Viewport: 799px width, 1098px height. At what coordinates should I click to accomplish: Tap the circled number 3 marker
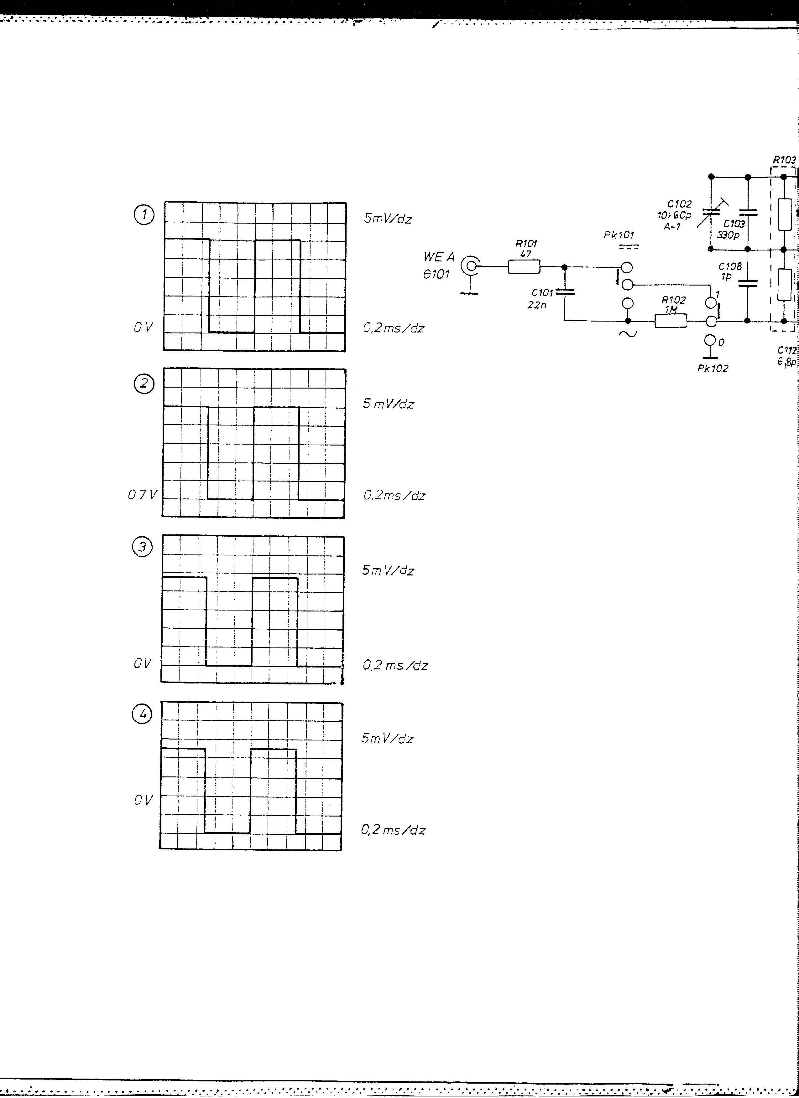pos(142,547)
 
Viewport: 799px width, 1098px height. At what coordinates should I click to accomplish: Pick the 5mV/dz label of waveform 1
pos(388,219)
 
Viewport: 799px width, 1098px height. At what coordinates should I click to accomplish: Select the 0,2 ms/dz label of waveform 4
pos(393,830)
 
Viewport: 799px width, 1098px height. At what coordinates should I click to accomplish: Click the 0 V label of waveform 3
pos(143,663)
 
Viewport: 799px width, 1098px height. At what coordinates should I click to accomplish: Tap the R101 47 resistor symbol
pos(524,266)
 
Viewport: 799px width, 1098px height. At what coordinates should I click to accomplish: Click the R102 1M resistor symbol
pos(671,321)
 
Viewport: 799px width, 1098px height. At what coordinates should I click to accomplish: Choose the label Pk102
pos(713,368)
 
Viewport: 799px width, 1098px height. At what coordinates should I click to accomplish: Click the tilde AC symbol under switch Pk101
pos(629,333)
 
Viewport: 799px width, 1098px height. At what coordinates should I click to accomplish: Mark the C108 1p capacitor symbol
pos(747,283)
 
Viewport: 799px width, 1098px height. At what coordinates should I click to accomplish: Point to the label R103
pos(784,159)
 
